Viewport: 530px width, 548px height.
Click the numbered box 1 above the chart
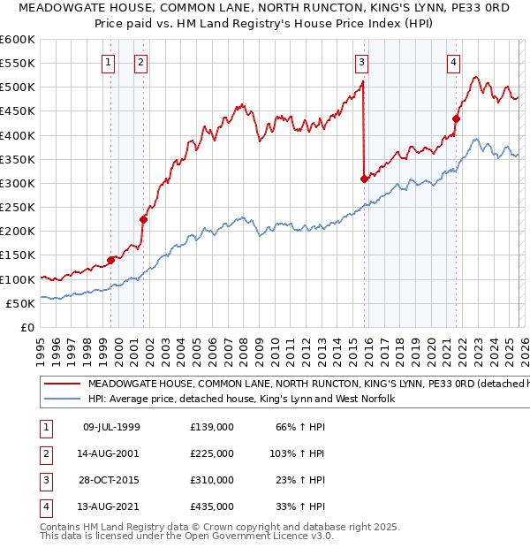coord(108,62)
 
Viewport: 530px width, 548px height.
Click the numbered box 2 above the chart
coord(140,62)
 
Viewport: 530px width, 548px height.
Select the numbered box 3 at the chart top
coord(362,62)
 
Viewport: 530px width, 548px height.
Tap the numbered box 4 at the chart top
coord(453,62)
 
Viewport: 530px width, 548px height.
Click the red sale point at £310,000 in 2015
coord(364,179)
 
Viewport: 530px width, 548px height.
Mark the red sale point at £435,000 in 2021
coord(457,118)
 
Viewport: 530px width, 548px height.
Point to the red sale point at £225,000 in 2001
coord(143,219)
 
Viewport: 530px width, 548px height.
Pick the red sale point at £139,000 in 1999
coord(111,260)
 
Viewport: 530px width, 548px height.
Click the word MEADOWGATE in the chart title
coord(56,9)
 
